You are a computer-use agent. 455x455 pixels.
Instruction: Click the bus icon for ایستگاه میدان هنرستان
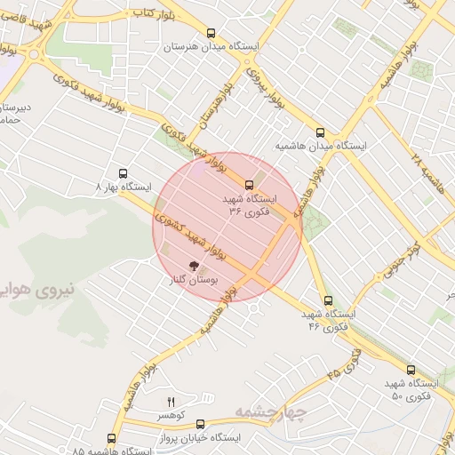pos(211,30)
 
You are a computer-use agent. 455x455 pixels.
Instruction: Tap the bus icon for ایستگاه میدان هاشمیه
pos(320,132)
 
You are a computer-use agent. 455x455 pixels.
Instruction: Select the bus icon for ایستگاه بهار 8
pos(123,173)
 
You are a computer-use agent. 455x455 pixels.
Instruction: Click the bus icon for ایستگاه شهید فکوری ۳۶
pos(248,185)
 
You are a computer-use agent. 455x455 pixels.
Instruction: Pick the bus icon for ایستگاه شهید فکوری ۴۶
pos(329,300)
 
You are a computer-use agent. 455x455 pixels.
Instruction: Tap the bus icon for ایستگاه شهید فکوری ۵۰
pos(411,370)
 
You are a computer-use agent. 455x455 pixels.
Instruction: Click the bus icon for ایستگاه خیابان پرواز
pos(200,425)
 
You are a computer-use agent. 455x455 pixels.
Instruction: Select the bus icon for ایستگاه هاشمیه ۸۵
pos(112,438)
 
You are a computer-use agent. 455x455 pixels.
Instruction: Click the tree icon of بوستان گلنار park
pos(193,265)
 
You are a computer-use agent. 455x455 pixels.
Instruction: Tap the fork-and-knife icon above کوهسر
pos(172,403)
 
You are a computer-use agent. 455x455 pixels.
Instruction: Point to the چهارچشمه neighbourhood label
pos(271,411)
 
